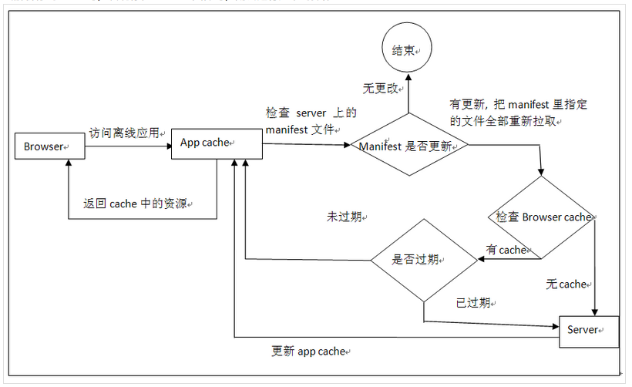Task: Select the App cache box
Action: coord(217,143)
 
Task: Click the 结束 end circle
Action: coord(407,51)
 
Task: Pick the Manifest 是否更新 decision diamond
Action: coord(408,146)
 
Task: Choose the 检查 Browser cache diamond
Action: coord(543,217)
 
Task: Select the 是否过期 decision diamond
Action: coord(423,260)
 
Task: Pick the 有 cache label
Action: coord(506,249)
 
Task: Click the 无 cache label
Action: coord(566,284)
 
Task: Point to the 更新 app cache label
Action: coord(309,351)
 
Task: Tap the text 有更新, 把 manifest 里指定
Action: coord(523,104)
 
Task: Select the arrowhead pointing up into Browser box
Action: coord(69,164)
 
